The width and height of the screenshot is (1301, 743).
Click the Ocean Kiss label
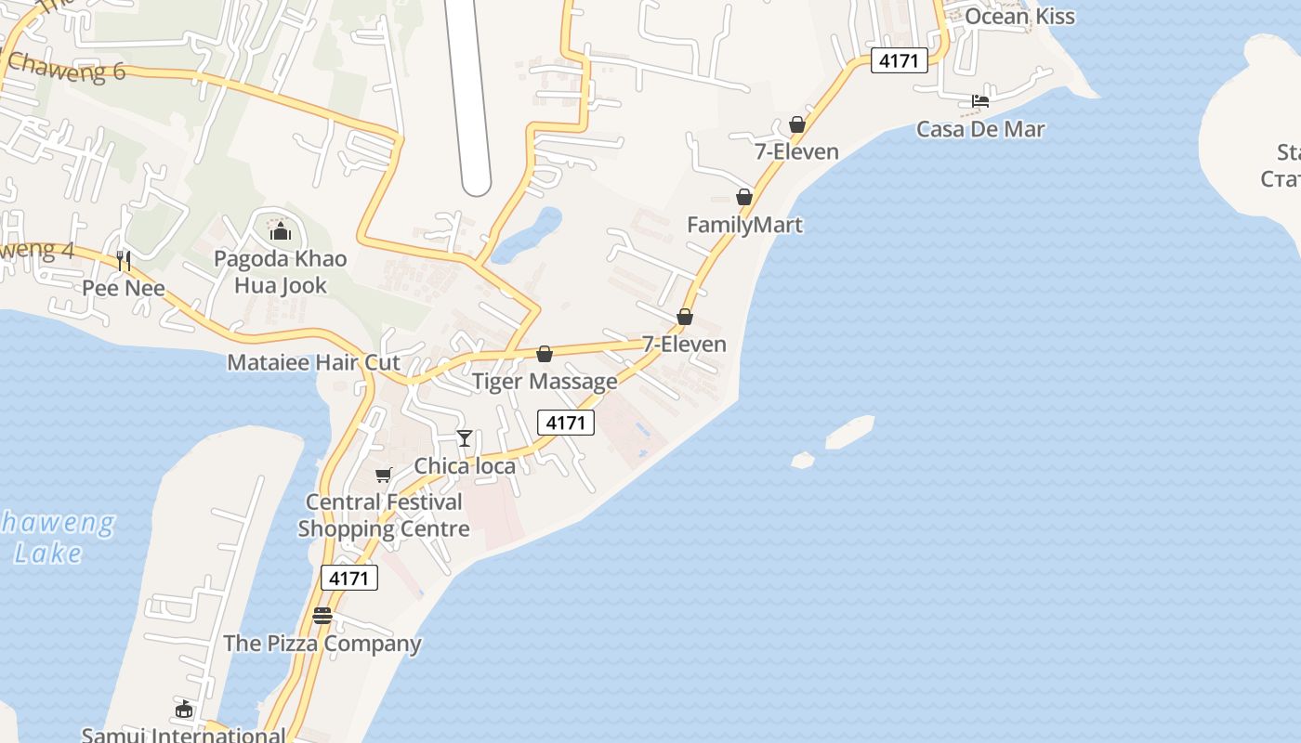(x=1019, y=16)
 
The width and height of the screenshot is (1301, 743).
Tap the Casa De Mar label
(x=980, y=129)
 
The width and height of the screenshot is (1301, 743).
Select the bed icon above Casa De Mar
(x=980, y=100)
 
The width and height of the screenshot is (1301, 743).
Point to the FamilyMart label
(x=744, y=225)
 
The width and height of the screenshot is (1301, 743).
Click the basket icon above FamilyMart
(x=744, y=197)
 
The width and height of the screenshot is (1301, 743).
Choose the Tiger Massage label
(x=545, y=381)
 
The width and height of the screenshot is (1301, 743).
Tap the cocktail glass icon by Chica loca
(x=465, y=438)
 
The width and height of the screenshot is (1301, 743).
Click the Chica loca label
(x=465, y=465)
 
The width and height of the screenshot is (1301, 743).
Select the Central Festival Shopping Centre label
(x=384, y=515)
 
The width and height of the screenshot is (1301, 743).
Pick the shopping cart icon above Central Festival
(x=384, y=476)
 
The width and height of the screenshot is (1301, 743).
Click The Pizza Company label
(x=322, y=643)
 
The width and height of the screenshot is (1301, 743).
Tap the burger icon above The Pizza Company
(x=322, y=615)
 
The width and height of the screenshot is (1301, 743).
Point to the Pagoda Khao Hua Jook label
(x=280, y=271)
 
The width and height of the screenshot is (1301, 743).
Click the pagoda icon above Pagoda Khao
(x=280, y=229)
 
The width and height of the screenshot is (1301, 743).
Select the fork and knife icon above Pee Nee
(x=124, y=261)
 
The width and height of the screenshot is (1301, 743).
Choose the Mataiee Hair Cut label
(x=313, y=362)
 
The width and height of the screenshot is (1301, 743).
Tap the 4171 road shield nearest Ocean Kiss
(x=900, y=61)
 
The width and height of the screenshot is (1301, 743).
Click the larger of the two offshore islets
(x=849, y=431)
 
